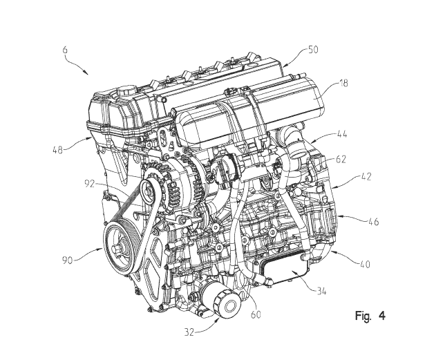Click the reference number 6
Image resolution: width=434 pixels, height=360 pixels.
(x=65, y=50)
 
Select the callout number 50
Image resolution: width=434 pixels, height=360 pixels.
(x=313, y=50)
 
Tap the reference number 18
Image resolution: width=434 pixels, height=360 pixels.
(x=343, y=83)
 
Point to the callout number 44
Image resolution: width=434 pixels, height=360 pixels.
(x=341, y=134)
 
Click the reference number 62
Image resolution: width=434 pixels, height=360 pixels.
(x=341, y=160)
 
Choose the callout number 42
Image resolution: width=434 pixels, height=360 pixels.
(x=366, y=176)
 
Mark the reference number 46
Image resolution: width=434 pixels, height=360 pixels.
(x=373, y=222)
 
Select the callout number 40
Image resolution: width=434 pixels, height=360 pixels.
(x=365, y=264)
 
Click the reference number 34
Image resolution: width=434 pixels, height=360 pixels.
(x=321, y=291)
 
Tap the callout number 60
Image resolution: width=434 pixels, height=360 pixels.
(x=255, y=314)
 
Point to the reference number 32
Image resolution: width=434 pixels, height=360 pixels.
(x=189, y=332)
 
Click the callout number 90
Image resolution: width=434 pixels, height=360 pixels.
(x=67, y=260)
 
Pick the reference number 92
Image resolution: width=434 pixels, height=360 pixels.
(x=90, y=184)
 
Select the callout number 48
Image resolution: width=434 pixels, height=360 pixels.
(x=57, y=150)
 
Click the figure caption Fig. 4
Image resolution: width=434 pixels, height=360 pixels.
(x=370, y=316)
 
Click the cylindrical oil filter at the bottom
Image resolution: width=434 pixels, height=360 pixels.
(x=221, y=301)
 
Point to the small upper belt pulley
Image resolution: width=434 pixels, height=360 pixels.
(x=147, y=191)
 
